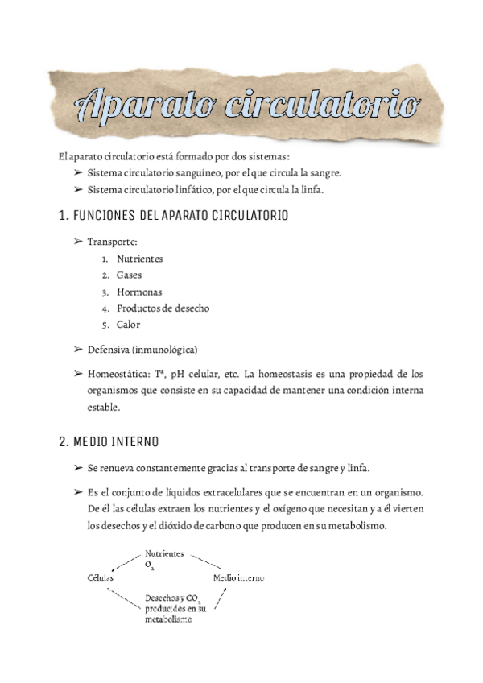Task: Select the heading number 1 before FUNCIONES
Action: pos(63,217)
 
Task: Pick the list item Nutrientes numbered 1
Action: pos(139,259)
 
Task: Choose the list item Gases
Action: pos(129,275)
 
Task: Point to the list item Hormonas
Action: pos(138,292)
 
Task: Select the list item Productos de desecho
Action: pos(163,308)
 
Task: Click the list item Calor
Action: pos(128,325)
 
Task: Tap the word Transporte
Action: pos(113,241)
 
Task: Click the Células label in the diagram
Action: pos(101,578)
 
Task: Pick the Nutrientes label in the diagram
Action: pos(164,554)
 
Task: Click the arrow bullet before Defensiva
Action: pos(78,350)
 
